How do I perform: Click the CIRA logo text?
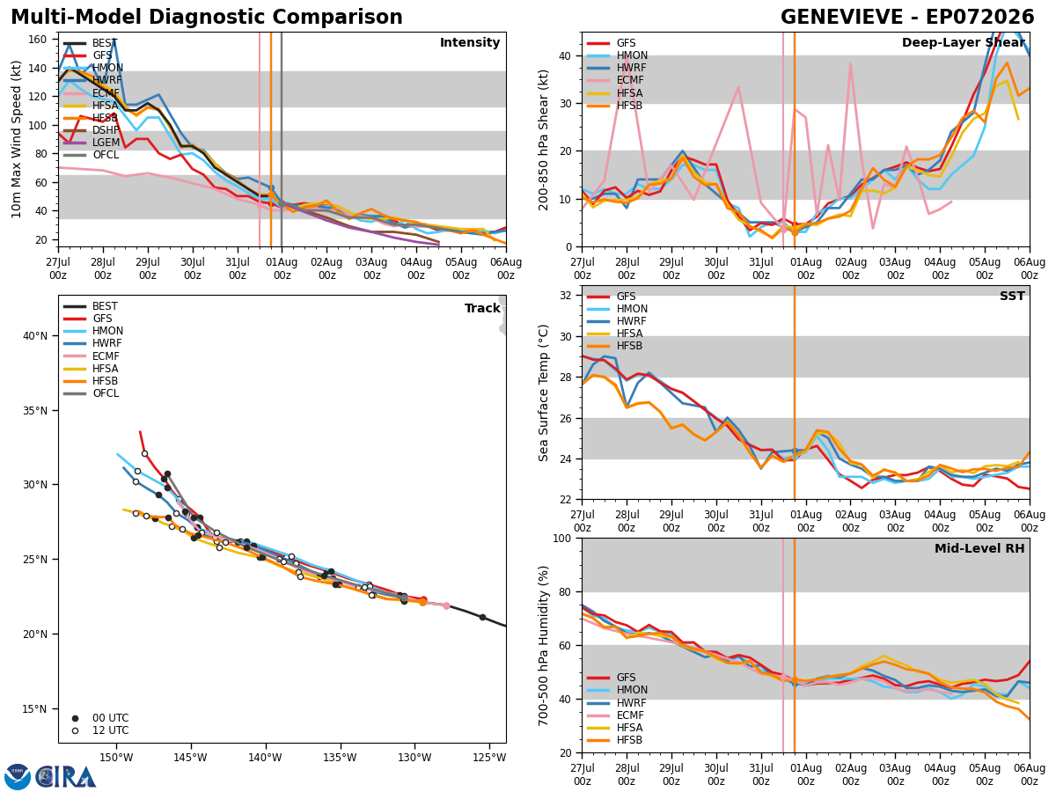65,776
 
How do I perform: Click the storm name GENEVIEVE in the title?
841,18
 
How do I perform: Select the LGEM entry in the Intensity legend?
92,143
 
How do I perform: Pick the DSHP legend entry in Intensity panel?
92,130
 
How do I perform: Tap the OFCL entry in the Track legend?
91,393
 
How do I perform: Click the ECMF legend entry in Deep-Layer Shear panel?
615,80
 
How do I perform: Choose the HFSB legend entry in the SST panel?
615,346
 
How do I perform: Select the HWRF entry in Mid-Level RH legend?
616,702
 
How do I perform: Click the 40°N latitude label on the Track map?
35,335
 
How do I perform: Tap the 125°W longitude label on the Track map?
490,758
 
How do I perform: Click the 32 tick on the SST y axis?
565,296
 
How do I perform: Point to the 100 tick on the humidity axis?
562,538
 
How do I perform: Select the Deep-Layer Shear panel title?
963,42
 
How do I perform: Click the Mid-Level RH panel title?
979,548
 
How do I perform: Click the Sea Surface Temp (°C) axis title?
543,392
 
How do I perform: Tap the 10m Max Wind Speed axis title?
16,139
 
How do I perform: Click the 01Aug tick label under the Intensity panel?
282,268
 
